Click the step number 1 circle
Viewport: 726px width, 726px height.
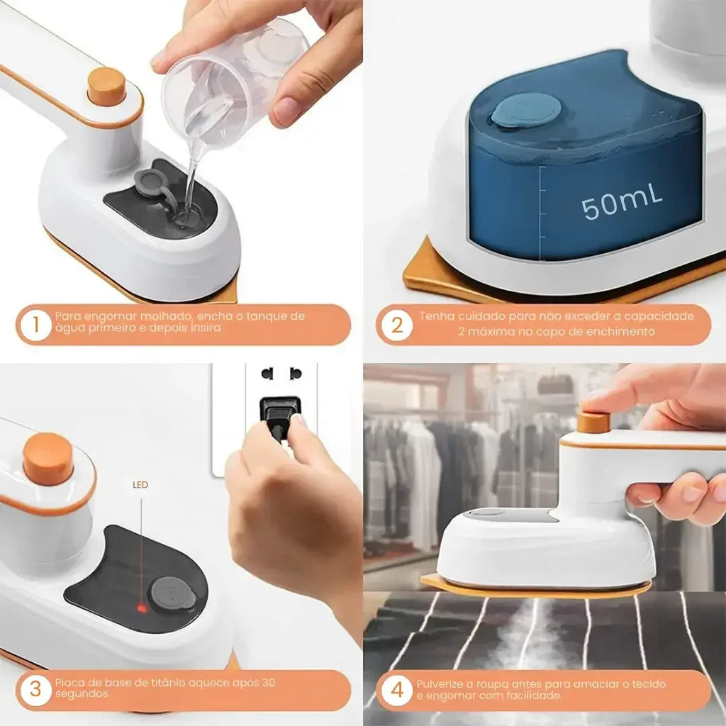pyautogui.click(x=35, y=325)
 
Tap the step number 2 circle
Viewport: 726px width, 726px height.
pyautogui.click(x=396, y=325)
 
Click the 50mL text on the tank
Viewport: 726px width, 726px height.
pyautogui.click(x=622, y=204)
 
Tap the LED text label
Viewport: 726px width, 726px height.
pyautogui.click(x=140, y=486)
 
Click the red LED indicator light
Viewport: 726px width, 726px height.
pyautogui.click(x=142, y=608)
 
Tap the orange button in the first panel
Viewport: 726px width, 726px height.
pyautogui.click(x=107, y=86)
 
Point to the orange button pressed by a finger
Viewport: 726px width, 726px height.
pyautogui.click(x=593, y=421)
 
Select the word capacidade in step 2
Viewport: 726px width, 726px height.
pyautogui.click(x=659, y=316)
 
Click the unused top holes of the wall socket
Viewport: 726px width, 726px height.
pyautogui.click(x=281, y=373)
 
